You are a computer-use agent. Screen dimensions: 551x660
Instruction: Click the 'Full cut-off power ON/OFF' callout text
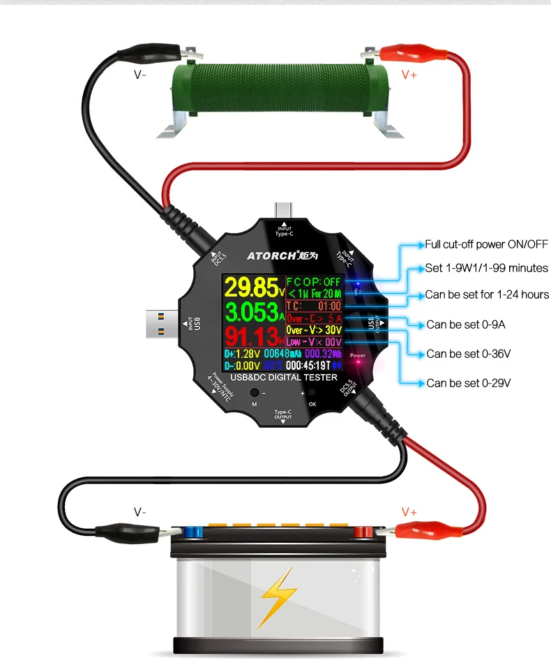click(x=487, y=244)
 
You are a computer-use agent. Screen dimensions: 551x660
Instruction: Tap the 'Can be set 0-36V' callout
click(x=469, y=354)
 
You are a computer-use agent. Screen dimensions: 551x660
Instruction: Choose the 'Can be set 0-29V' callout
click(x=469, y=383)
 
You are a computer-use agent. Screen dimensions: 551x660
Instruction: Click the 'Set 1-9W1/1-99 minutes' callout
click(x=487, y=268)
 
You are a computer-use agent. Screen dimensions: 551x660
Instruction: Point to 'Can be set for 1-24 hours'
click(x=487, y=294)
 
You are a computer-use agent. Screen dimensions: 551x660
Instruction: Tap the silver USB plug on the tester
click(x=162, y=324)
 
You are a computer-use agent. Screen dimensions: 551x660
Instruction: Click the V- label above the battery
click(x=140, y=512)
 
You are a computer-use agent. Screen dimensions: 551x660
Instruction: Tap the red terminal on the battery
click(x=361, y=534)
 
